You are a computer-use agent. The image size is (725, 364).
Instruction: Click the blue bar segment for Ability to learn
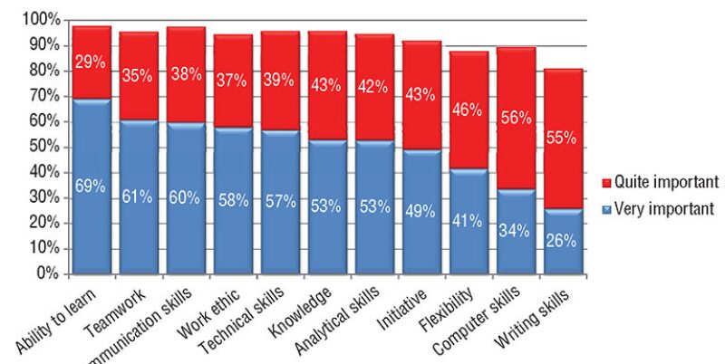(x=92, y=226)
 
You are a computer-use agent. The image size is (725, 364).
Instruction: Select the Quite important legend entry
(x=659, y=181)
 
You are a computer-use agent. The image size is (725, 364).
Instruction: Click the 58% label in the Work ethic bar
(x=233, y=200)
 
